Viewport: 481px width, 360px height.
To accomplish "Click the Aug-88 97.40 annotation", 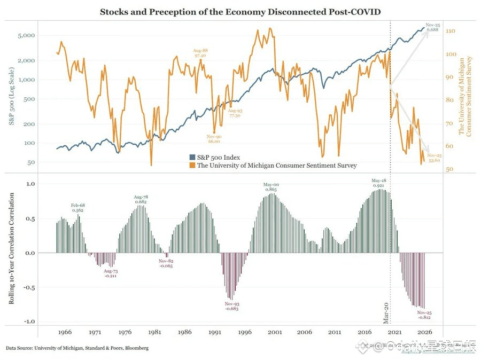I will (x=200, y=53).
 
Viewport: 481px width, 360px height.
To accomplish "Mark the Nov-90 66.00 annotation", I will (x=214, y=139).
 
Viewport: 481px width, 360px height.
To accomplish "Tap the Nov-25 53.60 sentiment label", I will (x=434, y=157).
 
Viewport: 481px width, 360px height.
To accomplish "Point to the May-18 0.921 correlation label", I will (x=379, y=183).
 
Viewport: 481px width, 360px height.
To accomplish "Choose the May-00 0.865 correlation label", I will (x=271, y=187).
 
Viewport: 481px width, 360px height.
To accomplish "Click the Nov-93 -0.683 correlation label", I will (x=231, y=306).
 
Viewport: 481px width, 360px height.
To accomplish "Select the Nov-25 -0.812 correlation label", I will (x=424, y=315).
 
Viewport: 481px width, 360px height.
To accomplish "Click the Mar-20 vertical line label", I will (x=386, y=312).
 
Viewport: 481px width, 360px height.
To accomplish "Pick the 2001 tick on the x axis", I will (x=275, y=332).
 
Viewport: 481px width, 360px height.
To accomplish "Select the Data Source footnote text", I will (x=77, y=348).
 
